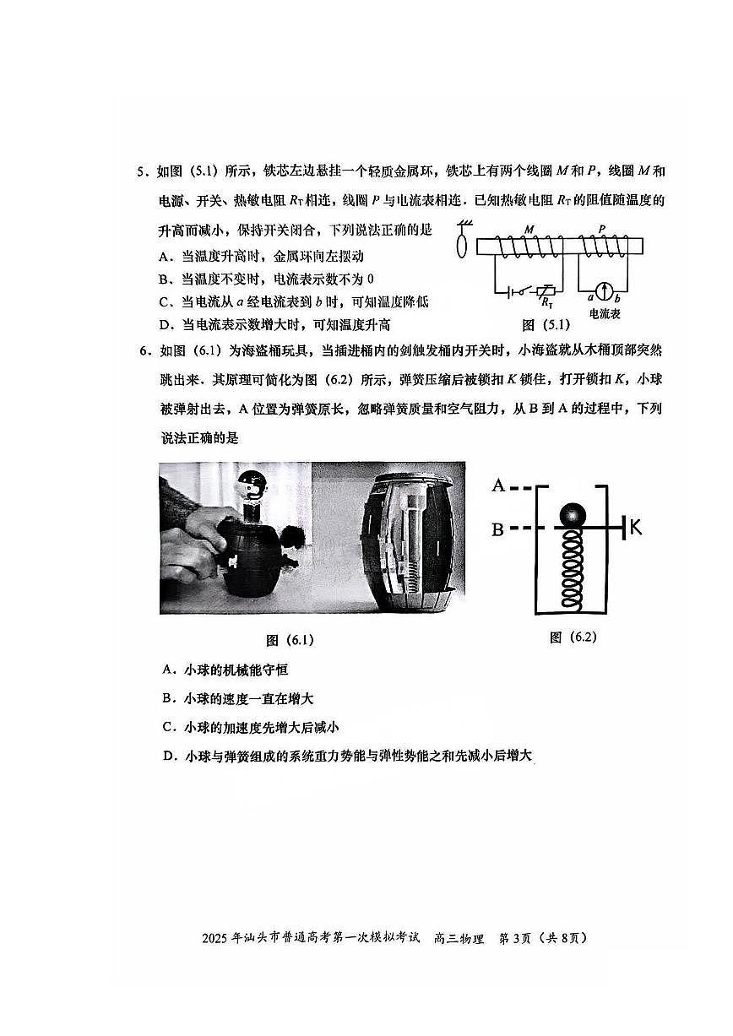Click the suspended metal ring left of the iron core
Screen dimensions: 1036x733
461,247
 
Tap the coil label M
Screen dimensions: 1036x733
529,229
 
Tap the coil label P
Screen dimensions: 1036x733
602,229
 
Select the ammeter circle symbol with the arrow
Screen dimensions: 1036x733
604,291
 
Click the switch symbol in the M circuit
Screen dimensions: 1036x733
528,290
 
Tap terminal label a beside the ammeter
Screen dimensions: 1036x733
591,298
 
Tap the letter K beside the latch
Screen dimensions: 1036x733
635,528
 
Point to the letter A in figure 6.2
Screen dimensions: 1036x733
498,485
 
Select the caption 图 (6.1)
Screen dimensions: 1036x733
289,640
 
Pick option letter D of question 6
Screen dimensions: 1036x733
168,757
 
